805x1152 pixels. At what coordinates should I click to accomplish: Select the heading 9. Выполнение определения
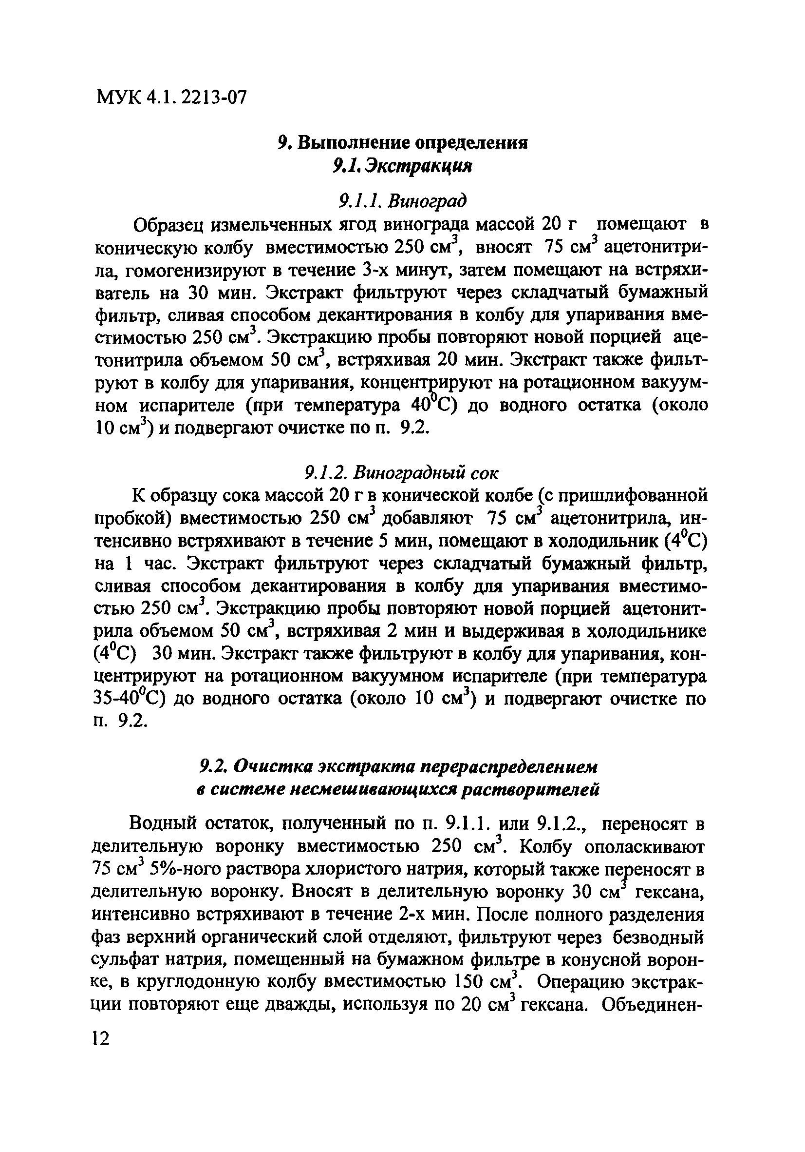402,143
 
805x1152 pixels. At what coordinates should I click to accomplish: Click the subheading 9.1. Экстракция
402,166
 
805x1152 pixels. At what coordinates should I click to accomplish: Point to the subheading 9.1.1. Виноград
402,201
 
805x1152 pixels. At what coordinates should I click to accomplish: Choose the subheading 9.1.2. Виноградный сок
402,472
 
